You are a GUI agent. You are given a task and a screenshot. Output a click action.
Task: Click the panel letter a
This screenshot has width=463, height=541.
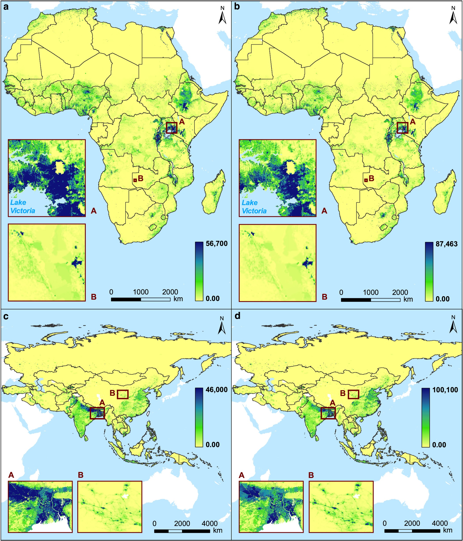(6, 8)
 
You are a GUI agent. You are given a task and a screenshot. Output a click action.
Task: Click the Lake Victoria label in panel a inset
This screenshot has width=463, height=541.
(23, 206)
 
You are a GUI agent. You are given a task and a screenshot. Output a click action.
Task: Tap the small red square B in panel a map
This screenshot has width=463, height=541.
(135, 180)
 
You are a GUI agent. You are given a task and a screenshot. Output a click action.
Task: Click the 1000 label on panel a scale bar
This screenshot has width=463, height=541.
(141, 292)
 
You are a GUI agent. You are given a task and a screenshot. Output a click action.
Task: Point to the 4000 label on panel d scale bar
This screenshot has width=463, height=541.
(440, 516)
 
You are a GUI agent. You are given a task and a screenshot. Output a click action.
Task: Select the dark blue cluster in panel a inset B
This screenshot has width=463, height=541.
(77, 262)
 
